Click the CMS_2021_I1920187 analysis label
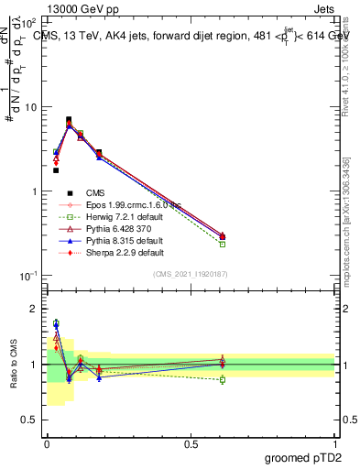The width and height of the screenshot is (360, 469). [x=191, y=274]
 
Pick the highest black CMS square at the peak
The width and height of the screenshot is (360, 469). [x=69, y=119]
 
